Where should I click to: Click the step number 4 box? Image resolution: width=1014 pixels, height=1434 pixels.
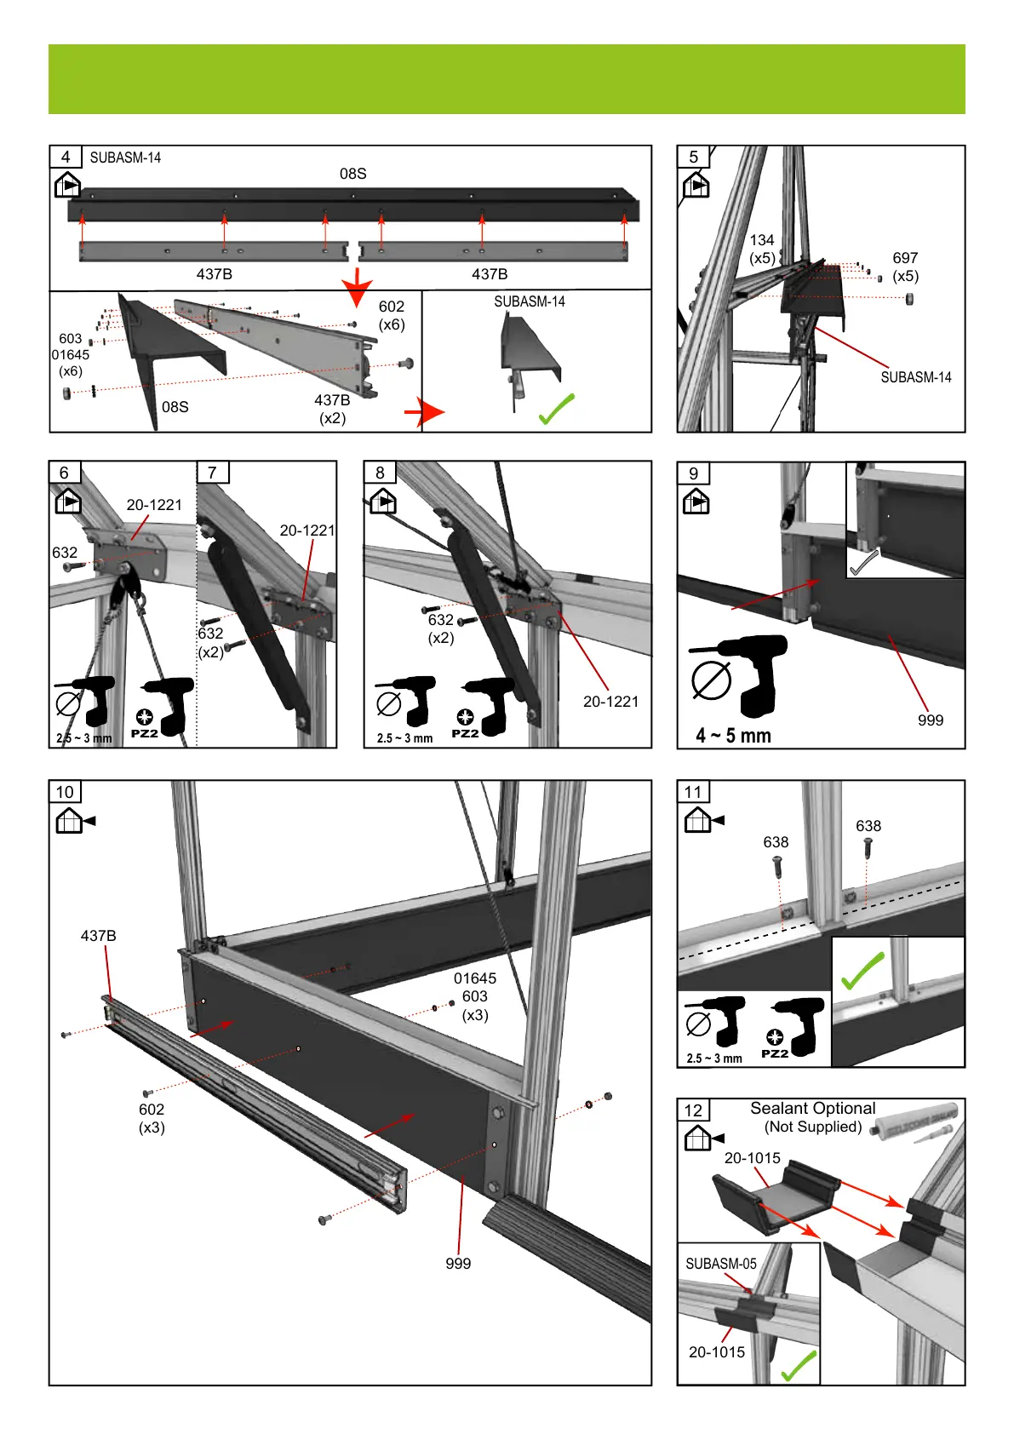66,157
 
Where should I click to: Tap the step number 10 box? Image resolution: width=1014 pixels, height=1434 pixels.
65,792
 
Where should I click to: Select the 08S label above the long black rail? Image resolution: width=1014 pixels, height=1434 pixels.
352,174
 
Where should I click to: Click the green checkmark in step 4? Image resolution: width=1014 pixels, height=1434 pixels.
557,409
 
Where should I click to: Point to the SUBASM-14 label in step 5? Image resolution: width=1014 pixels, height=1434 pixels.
915,377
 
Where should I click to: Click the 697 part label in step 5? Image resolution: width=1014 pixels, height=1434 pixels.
905,258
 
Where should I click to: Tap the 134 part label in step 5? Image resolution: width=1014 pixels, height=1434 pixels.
762,240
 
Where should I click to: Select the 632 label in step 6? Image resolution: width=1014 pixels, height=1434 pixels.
65,553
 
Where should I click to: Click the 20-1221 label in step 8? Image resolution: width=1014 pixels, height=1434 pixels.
610,702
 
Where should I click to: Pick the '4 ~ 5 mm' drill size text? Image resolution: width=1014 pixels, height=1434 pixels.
733,736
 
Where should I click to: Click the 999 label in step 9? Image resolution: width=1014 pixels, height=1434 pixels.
931,720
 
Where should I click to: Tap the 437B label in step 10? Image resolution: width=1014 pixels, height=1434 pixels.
98,936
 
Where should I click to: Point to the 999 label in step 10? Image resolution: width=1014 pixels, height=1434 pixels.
458,1264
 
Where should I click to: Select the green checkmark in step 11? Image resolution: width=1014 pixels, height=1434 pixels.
862,971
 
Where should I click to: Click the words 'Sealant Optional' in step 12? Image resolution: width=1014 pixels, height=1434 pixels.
812,1109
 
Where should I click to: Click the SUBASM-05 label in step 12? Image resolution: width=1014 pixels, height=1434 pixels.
721,1264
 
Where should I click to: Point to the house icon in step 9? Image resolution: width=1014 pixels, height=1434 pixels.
696,502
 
